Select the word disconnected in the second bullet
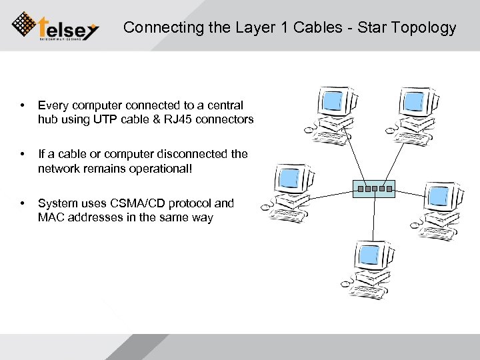coord(191,154)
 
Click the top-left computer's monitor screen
coord(331,101)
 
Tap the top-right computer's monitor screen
coord(413,101)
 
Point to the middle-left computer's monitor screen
coord(290,178)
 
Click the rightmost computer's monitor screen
coord(439,196)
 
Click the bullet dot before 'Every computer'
coord(23,105)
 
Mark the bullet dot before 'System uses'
coord(23,203)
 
